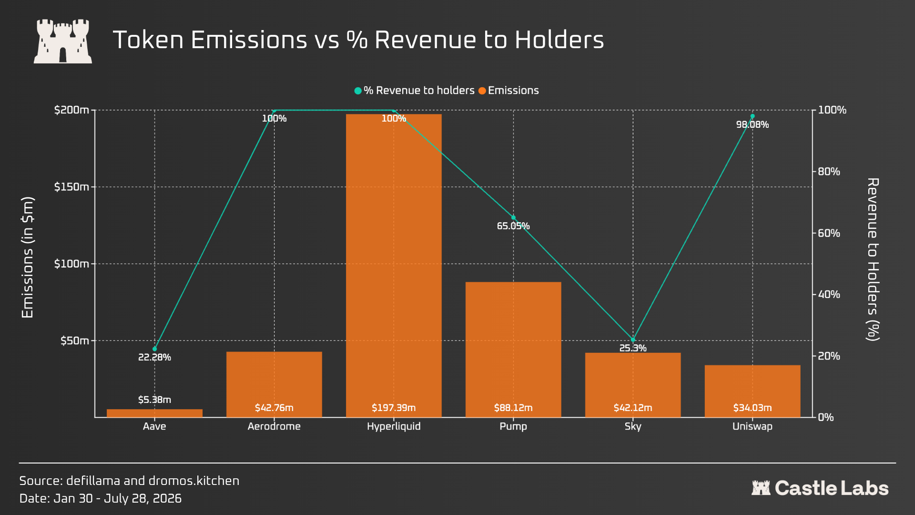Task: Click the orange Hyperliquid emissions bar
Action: coord(394,266)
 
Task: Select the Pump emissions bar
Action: coord(513,350)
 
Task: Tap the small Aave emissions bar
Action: coord(154,413)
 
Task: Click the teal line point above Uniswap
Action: coord(752,116)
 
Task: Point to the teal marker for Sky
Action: coord(633,340)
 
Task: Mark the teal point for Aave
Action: coord(154,349)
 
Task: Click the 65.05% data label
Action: coord(513,226)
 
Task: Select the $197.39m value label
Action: coord(394,408)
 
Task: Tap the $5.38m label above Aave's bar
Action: coord(154,400)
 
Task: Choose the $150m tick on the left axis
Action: coord(71,187)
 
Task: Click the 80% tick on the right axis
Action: coord(829,172)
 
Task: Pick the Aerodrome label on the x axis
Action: coord(274,426)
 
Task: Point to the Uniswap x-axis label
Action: coord(752,427)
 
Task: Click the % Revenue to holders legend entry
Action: coord(415,91)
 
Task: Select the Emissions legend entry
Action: coord(508,91)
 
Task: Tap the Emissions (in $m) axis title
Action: coord(28,257)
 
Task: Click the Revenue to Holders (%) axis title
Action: coord(873,259)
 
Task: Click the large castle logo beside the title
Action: coord(63,41)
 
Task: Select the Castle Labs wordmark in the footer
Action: coord(820,488)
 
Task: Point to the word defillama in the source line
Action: coord(93,481)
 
